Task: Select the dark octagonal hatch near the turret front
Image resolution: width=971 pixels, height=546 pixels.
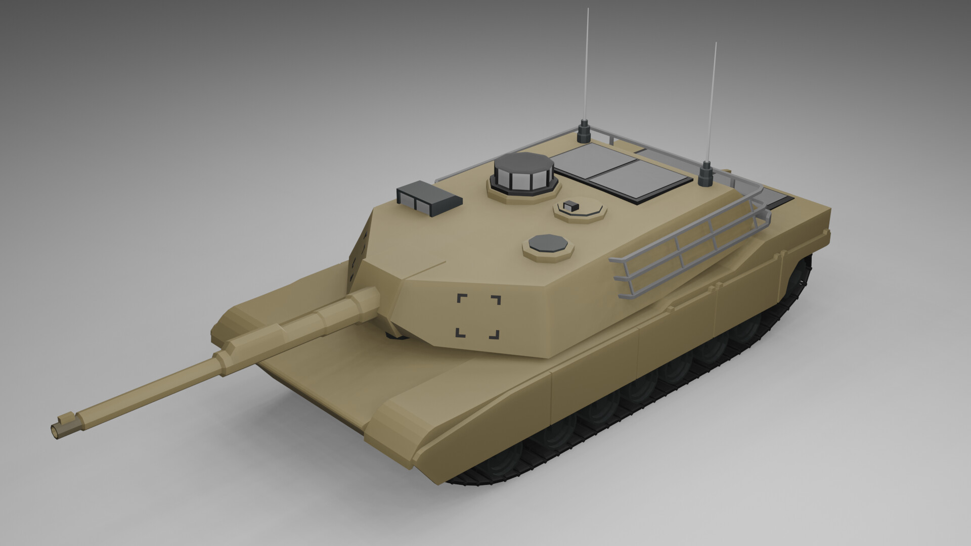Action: coord(548,244)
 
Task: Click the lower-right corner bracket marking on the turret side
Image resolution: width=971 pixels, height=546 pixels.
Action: coord(494,334)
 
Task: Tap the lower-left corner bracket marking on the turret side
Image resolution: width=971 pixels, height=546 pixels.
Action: coord(460,333)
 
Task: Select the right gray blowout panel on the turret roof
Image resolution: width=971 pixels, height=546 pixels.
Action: coord(638,180)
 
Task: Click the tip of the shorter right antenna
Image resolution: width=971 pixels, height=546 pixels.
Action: coord(716,43)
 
